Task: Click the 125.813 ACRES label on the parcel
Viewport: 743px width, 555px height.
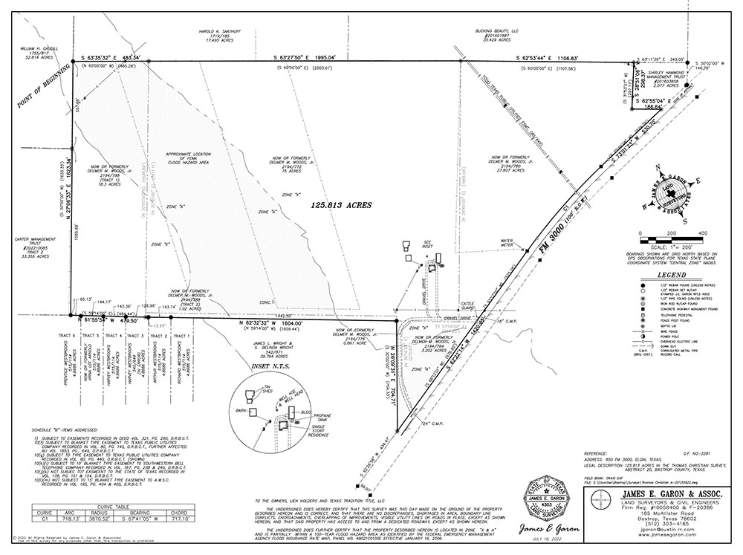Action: point(339,204)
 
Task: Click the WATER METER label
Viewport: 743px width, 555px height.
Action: point(508,242)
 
